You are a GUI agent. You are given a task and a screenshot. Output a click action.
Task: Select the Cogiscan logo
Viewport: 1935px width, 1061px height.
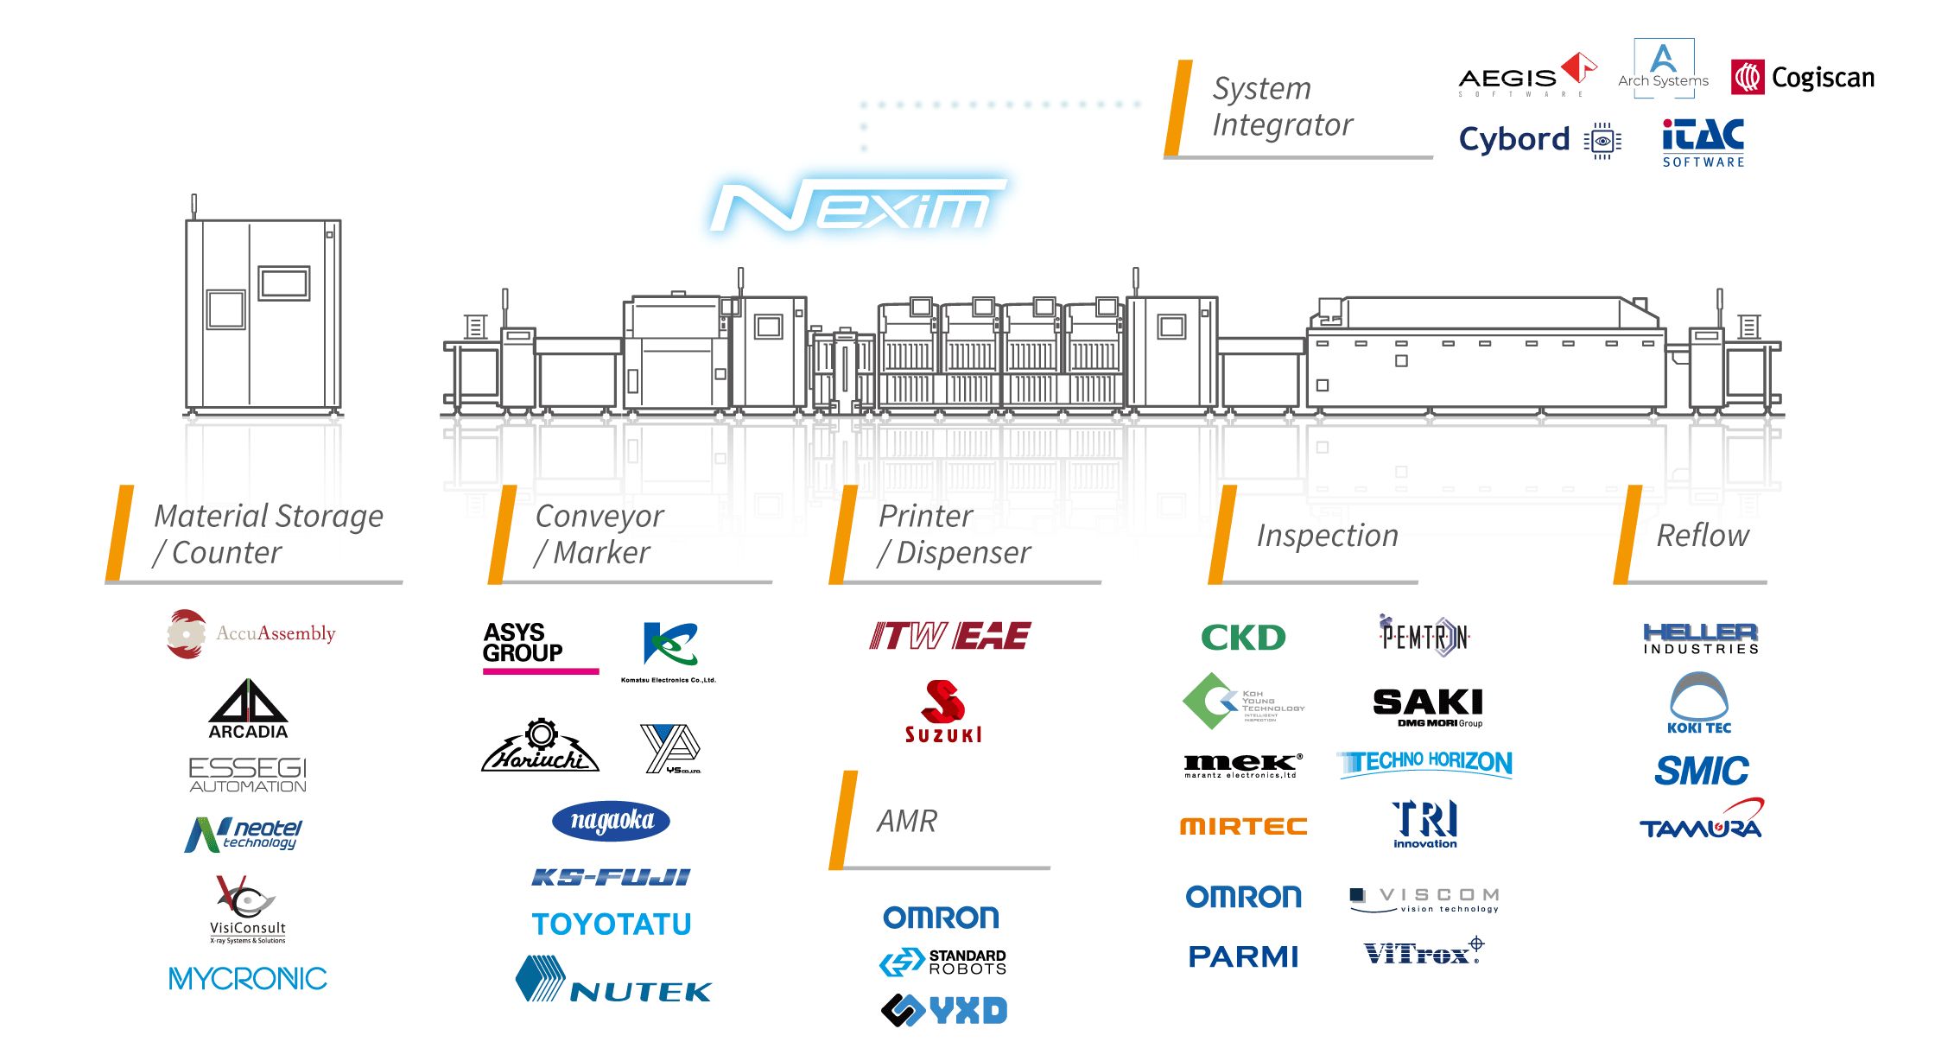[x=1803, y=78]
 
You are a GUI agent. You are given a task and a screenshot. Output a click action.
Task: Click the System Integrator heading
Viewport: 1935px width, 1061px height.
[x=1282, y=106]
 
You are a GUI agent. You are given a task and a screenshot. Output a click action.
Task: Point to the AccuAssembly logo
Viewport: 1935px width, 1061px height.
[x=251, y=634]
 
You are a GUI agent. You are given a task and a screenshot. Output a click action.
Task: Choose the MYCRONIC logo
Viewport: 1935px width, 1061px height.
[x=248, y=979]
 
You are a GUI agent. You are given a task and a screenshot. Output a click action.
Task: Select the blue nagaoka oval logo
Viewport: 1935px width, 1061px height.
[x=611, y=821]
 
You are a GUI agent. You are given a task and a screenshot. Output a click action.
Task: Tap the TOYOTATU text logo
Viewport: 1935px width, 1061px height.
[x=612, y=924]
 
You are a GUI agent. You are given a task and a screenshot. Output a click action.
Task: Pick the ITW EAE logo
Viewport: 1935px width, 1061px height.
[x=949, y=637]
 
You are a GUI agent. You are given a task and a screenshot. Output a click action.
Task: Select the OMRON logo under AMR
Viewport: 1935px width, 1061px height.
[x=941, y=918]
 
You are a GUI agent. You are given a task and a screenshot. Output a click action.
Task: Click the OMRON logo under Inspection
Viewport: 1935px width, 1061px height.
[x=1243, y=897]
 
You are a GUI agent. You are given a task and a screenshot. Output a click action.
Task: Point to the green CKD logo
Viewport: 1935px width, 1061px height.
[x=1243, y=638]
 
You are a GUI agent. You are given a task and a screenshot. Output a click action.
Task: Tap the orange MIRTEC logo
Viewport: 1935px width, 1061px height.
[x=1243, y=827]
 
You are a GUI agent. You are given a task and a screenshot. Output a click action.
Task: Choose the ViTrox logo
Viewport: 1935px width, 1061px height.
[x=1422, y=952]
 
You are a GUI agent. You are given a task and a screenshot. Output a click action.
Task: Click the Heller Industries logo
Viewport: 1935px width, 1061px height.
[x=1700, y=639]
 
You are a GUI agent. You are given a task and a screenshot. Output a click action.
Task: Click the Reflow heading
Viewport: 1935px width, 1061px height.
[x=1702, y=536]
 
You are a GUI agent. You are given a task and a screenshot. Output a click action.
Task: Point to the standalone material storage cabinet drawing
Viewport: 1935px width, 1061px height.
[x=263, y=315]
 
